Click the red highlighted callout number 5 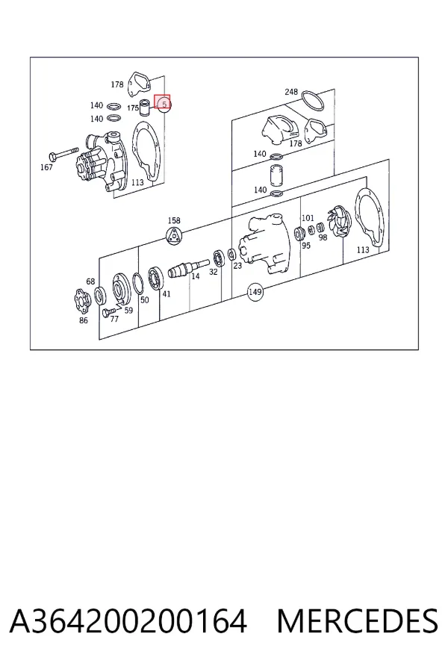pyautogui.click(x=164, y=104)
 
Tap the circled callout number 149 pyautogui.click(x=255, y=292)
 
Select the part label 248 pyautogui.click(x=291, y=92)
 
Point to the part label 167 pyautogui.click(x=46, y=167)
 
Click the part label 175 pyautogui.click(x=133, y=108)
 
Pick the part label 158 pyautogui.click(x=174, y=221)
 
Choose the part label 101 pyautogui.click(x=308, y=218)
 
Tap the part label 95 pyautogui.click(x=306, y=246)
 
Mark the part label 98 pyautogui.click(x=323, y=237)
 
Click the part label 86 pyautogui.click(x=84, y=320)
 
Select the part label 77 pyautogui.click(x=114, y=319)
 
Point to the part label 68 pyautogui.click(x=90, y=281)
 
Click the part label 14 pyautogui.click(x=196, y=276)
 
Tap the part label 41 pyautogui.click(x=167, y=294)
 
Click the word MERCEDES pyautogui.click(x=358, y=621)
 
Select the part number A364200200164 pyautogui.click(x=128, y=621)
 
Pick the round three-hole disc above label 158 pyautogui.click(x=174, y=237)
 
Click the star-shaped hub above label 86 pyautogui.click(x=81, y=302)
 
